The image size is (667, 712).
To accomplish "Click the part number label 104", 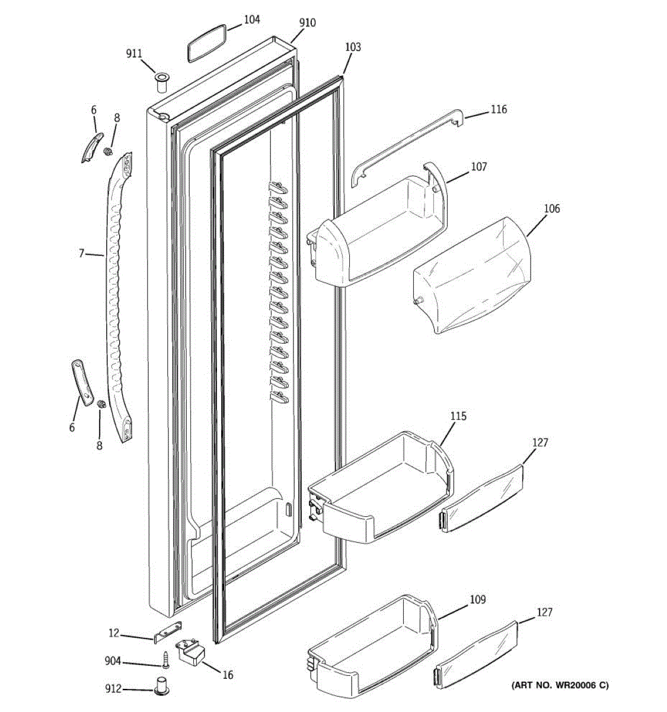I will (x=251, y=20).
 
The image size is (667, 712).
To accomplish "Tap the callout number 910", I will (x=307, y=23).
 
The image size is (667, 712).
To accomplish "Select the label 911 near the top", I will (x=134, y=54).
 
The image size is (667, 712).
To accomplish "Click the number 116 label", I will (x=499, y=109).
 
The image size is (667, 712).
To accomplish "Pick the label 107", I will (x=478, y=167).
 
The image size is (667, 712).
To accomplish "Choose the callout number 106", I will (x=551, y=208).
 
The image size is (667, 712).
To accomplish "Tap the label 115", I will (x=458, y=416).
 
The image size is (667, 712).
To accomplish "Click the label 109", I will (x=477, y=600).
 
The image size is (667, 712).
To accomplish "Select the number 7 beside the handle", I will (x=82, y=254).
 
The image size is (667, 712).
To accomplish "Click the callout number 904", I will (x=113, y=662).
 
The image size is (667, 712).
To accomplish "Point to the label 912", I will (x=113, y=689).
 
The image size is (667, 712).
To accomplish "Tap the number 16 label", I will (x=228, y=675).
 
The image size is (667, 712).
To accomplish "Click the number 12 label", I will (x=114, y=634).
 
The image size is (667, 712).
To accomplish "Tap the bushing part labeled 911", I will (x=161, y=81).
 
